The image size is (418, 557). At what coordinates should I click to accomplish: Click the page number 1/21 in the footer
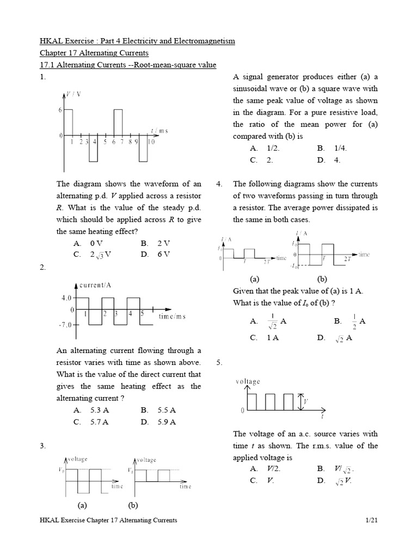pyautogui.click(x=372, y=521)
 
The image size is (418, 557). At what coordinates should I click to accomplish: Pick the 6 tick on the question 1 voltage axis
pyautogui.click(x=60, y=110)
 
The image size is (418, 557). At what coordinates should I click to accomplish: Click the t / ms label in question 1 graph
pyautogui.click(x=159, y=131)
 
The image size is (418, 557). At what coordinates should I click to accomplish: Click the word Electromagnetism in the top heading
pyautogui.click(x=200, y=41)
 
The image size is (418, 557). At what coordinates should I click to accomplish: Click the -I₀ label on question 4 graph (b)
pyautogui.click(x=294, y=265)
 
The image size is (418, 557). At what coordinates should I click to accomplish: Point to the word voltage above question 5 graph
pyautogui.click(x=248, y=382)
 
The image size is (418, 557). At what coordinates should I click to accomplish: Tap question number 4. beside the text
pyautogui.click(x=219, y=184)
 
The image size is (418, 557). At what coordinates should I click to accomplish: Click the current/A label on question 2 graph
pyautogui.click(x=96, y=286)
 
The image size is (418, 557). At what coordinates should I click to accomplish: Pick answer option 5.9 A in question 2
pyautogui.click(x=166, y=422)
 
